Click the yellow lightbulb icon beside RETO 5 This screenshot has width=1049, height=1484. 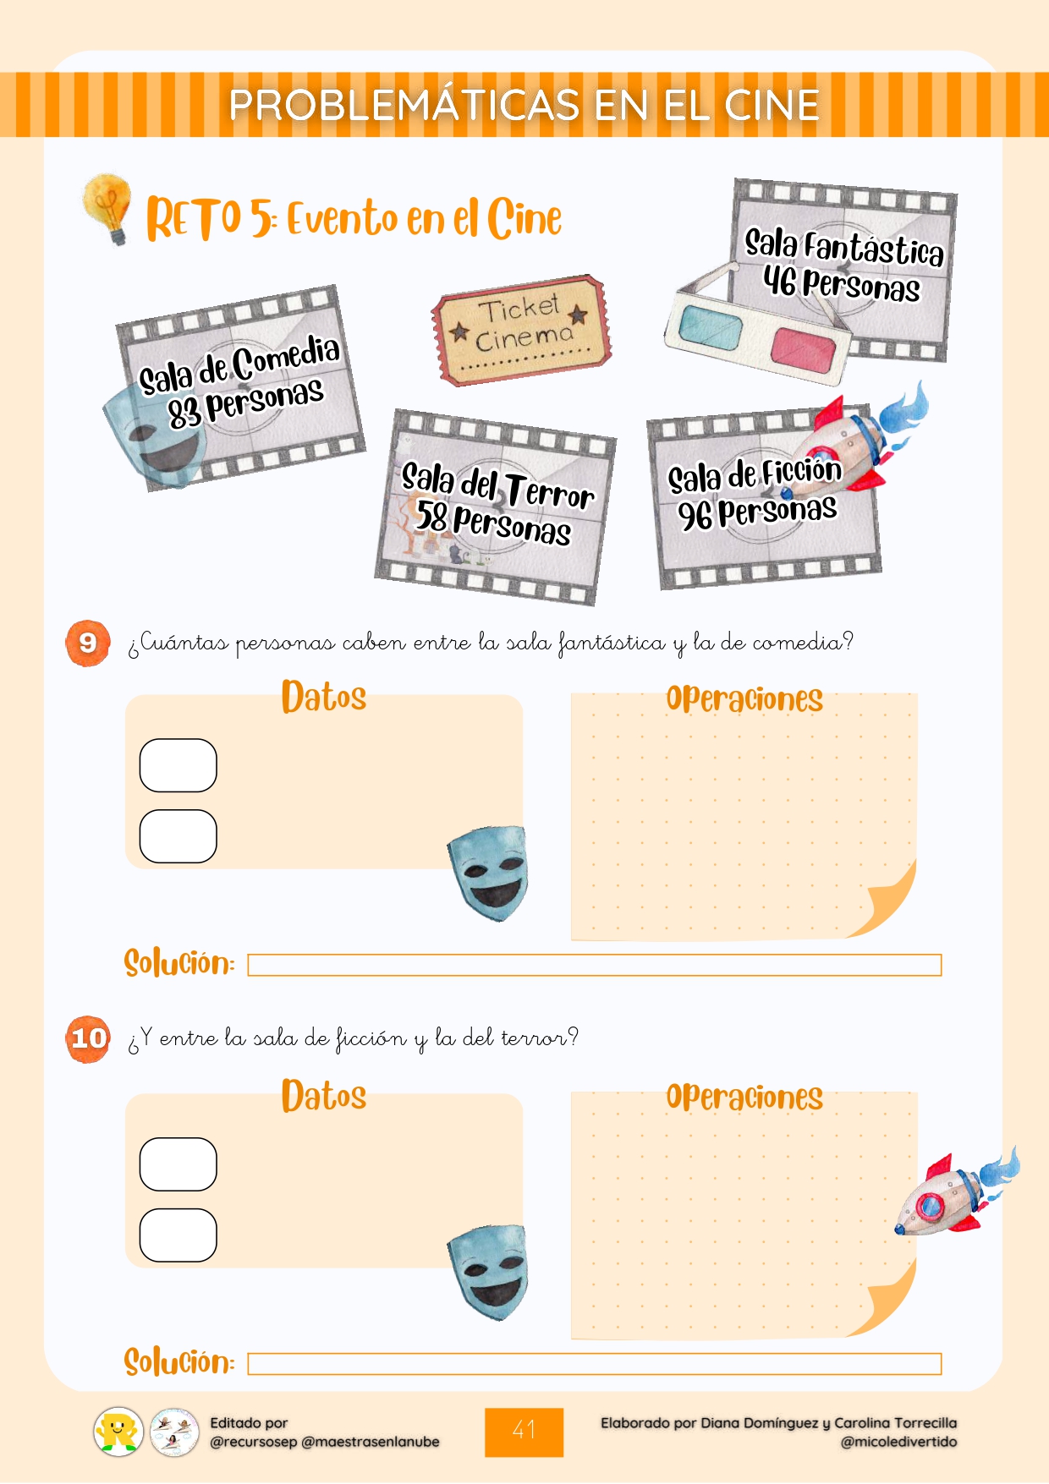point(108,207)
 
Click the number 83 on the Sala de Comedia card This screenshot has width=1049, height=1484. point(184,413)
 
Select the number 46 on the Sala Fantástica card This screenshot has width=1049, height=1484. point(779,280)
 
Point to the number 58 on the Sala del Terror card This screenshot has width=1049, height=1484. point(431,515)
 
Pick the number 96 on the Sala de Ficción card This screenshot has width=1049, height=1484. point(695,515)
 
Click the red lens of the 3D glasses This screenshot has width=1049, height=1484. point(802,348)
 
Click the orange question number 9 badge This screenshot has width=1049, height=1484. point(88,643)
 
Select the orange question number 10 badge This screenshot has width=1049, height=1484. point(88,1038)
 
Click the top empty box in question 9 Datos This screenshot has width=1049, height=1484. point(178,765)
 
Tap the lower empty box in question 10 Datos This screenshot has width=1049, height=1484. point(178,1235)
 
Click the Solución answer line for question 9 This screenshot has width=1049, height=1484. point(594,965)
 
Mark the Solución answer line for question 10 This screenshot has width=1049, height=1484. point(594,1364)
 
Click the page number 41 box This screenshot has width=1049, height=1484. point(524,1432)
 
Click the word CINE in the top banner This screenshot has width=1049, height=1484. point(772,105)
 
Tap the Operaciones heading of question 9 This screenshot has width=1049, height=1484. point(744,699)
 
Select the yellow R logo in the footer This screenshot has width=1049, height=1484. point(118,1432)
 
